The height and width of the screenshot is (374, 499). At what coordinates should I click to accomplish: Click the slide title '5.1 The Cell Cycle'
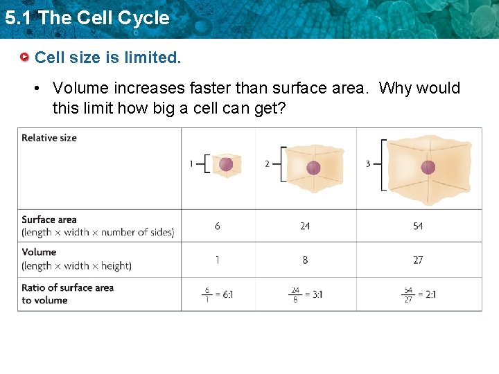[87, 18]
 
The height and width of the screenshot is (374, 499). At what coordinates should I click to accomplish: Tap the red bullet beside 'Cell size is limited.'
[25, 57]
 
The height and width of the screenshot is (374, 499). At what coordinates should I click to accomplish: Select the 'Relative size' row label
[49, 138]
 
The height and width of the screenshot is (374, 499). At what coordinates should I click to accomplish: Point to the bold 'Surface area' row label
[49, 220]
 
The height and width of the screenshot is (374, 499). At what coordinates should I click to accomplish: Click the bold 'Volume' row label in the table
[39, 252]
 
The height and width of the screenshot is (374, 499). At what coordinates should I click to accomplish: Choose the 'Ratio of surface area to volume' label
[67, 294]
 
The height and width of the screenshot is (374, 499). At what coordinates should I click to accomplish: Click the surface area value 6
[218, 226]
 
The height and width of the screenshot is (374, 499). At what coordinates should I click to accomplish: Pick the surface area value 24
[305, 226]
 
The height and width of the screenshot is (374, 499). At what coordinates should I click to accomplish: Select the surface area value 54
[418, 226]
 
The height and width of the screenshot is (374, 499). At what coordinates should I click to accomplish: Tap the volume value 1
[218, 260]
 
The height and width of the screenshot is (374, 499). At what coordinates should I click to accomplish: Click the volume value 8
[305, 260]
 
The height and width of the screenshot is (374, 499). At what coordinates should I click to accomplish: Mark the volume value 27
[418, 260]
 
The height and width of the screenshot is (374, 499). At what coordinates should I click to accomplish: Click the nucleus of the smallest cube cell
[226, 164]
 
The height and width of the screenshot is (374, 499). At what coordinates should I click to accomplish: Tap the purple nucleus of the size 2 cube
[313, 167]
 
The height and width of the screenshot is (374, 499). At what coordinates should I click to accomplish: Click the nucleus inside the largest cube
[428, 167]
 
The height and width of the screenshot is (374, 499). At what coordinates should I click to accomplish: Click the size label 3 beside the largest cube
[368, 164]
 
